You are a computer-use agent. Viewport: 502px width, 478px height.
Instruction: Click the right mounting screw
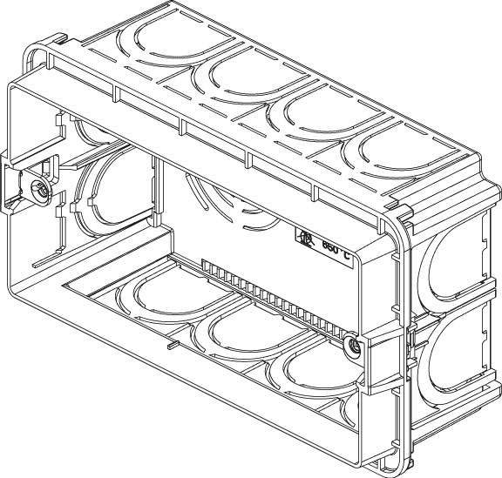pyautogui.click(x=354, y=347)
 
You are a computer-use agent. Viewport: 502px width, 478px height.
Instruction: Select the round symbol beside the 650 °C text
pyautogui.click(x=307, y=238)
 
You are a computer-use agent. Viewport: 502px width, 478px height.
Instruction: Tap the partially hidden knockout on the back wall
pyautogui.click(x=222, y=196)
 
